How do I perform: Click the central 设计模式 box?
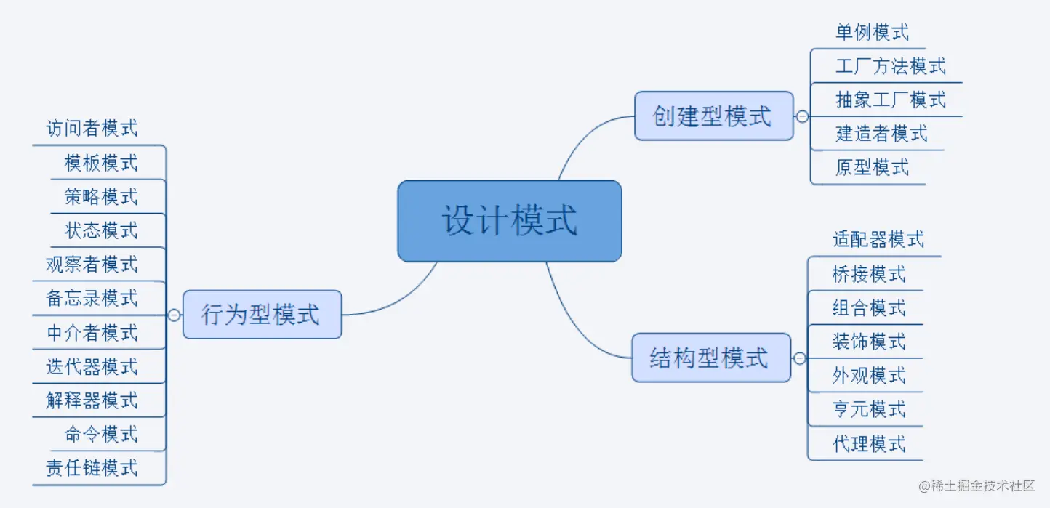click(x=509, y=220)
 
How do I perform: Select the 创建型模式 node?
click(x=713, y=116)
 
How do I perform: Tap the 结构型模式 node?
click(x=710, y=358)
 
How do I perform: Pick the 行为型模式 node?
click(x=261, y=315)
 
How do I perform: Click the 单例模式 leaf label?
click(x=872, y=33)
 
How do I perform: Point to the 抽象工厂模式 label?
click(x=891, y=100)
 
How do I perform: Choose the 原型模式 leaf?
click(x=872, y=167)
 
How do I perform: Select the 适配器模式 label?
click(x=878, y=239)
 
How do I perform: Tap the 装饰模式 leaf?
click(x=869, y=341)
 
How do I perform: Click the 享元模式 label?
click(x=869, y=409)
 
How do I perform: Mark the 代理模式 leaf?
click(x=869, y=443)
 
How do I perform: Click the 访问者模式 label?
click(x=92, y=129)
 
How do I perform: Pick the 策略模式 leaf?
click(x=101, y=197)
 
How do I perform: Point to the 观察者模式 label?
click(x=92, y=265)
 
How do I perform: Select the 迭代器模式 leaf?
click(x=92, y=367)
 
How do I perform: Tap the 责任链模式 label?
click(x=92, y=468)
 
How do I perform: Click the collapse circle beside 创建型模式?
click(x=802, y=116)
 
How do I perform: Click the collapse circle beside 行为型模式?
click(x=174, y=315)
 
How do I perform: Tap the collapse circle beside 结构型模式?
click(x=800, y=358)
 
